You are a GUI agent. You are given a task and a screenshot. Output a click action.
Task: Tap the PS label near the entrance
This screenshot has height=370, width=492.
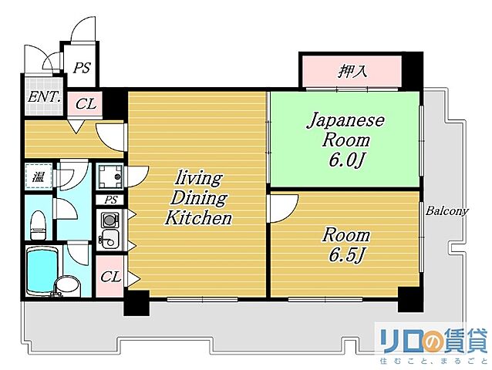82,68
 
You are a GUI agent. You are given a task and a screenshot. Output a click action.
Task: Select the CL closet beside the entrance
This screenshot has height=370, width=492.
86,103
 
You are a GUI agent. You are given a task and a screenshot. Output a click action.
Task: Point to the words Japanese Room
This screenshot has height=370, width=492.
345,130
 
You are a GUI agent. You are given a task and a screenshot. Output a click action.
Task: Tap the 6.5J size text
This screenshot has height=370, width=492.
346,255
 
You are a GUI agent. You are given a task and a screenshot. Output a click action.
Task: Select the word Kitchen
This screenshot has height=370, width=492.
197,218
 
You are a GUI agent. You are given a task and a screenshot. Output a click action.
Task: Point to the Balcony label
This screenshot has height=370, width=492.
448,210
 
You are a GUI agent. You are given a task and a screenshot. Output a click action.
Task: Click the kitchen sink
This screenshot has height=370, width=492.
109,237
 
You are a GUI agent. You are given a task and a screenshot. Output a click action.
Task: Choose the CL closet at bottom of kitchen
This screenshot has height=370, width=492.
110,276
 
